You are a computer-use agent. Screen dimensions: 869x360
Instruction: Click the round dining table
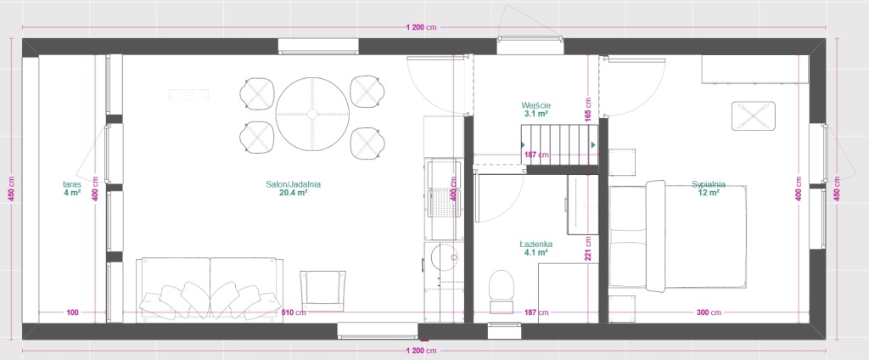312,115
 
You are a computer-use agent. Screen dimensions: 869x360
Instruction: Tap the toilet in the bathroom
502,291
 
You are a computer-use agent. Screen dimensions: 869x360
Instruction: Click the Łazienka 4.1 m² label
536,248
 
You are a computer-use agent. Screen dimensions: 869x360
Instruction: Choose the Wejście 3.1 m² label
536,109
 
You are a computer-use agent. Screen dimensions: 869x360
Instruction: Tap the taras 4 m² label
72,188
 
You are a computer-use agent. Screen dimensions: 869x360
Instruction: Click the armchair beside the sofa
322,290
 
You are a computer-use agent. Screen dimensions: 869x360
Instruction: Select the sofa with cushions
210,289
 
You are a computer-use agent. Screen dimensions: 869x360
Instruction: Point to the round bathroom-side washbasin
446,257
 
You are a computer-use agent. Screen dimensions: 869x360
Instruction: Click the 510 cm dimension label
294,312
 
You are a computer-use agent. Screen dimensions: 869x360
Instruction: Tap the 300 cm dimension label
709,312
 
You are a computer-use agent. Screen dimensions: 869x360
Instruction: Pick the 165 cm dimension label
588,110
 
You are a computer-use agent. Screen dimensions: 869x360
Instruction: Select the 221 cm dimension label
588,249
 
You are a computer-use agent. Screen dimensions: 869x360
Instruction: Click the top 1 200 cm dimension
422,26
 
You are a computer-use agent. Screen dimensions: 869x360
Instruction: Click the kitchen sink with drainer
444,188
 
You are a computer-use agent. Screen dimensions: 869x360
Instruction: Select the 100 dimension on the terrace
72,312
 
